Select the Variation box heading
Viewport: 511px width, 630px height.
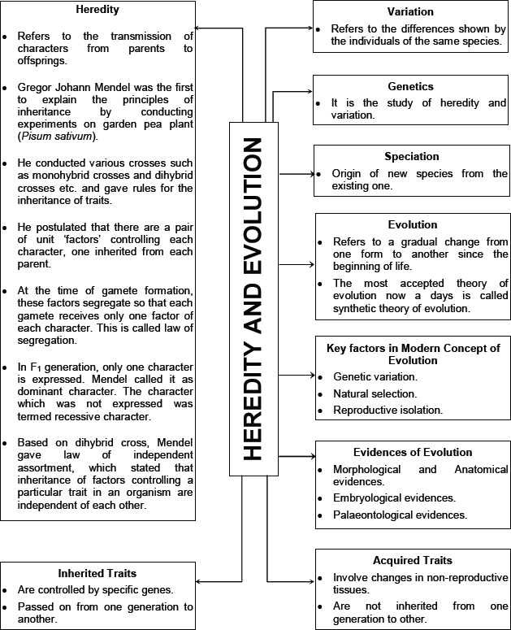pyautogui.click(x=410, y=12)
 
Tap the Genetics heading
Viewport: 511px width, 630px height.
pyautogui.click(x=410, y=86)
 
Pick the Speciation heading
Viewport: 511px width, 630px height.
pyautogui.click(x=410, y=156)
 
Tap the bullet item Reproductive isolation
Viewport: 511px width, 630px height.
pyautogui.click(x=388, y=410)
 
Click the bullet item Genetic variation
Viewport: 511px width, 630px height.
pyautogui.click(x=375, y=377)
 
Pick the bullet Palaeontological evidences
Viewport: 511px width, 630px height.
pyautogui.click(x=400, y=515)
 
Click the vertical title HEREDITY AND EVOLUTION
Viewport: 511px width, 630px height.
pyautogui.click(x=253, y=299)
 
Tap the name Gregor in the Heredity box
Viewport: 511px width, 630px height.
pyautogui.click(x=35, y=87)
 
